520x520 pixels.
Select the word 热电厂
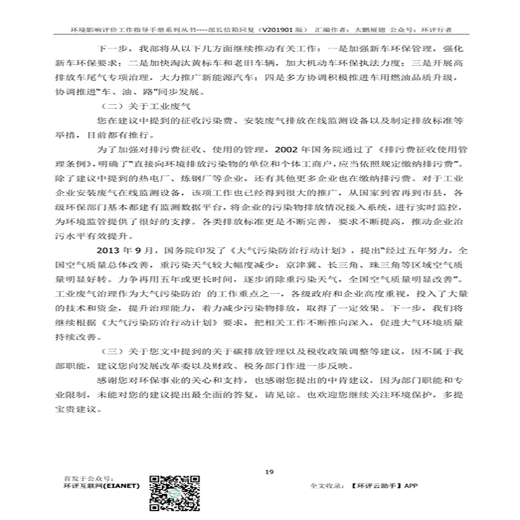(186, 183)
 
